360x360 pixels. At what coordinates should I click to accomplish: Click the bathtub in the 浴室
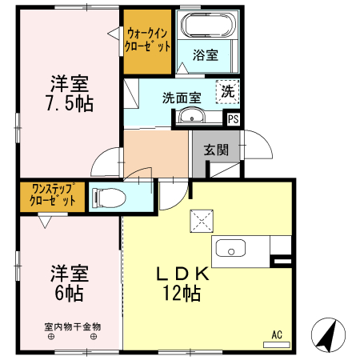coord(206,26)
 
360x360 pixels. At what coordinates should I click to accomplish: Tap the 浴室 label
coord(206,54)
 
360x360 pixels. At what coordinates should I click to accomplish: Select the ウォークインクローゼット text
coord(147,39)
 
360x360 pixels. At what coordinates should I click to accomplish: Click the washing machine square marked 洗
coord(229,91)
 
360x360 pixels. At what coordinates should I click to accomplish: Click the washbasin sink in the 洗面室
coord(191,118)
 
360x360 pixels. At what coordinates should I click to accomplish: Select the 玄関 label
coord(216,149)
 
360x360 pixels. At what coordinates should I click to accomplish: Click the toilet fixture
coord(107,197)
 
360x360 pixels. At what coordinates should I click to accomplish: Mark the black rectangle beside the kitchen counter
coord(282,260)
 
